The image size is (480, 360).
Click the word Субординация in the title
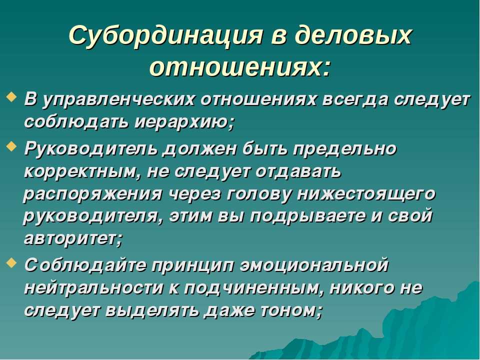[165, 35]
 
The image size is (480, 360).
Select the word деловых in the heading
[352, 35]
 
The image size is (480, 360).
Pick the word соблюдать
[76, 122]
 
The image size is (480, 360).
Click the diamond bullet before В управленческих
[11, 97]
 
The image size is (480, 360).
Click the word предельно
[344, 149]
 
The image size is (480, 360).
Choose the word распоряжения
[92, 194]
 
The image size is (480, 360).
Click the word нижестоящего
[365, 194]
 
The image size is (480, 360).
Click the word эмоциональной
[314, 265]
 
